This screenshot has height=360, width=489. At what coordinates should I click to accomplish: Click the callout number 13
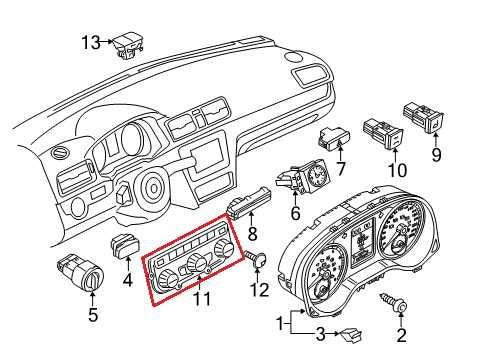91,42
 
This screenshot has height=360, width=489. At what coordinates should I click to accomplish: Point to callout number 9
436,155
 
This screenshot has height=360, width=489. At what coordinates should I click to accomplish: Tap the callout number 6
296,213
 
